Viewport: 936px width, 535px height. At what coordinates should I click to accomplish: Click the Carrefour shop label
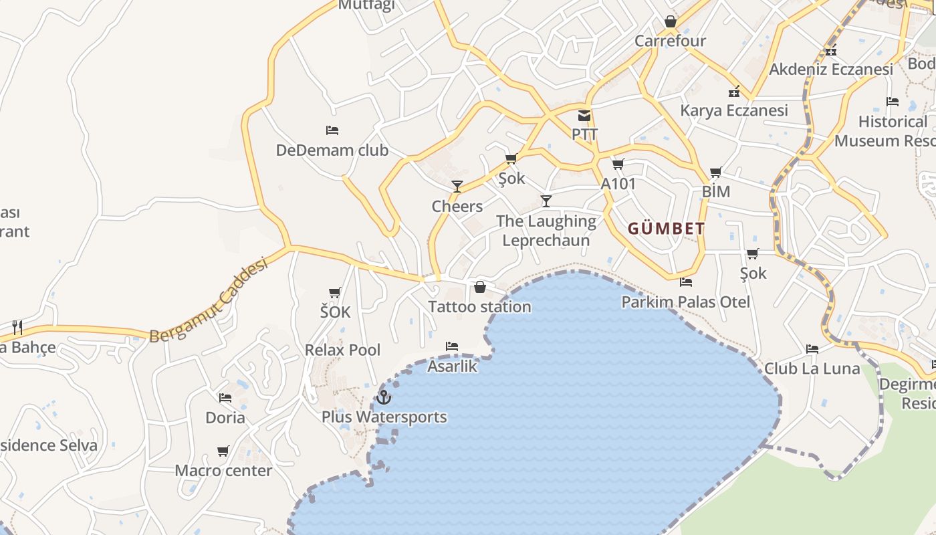(670, 41)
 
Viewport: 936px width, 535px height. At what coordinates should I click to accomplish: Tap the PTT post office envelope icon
(584, 116)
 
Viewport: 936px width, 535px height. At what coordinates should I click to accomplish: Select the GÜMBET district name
(666, 229)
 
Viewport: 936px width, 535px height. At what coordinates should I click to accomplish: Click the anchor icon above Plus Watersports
(383, 397)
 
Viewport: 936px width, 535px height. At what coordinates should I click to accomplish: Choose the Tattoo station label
(479, 307)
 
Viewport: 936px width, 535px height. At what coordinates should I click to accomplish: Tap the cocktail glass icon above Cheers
(457, 186)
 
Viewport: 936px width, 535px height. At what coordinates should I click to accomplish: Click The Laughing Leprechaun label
(546, 231)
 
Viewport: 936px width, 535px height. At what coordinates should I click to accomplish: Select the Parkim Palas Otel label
(686, 302)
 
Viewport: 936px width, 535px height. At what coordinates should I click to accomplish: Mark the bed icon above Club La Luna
(812, 348)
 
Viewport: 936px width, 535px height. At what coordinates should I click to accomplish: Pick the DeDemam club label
(332, 150)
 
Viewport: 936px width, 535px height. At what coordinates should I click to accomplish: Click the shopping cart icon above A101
(618, 164)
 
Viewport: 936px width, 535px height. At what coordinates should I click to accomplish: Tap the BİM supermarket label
(715, 192)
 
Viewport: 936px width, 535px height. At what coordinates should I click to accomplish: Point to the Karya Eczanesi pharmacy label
(734, 110)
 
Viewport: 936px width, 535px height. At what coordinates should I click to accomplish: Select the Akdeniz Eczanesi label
(831, 70)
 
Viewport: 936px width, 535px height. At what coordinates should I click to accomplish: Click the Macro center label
(223, 471)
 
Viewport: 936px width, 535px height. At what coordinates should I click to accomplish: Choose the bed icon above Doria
(225, 397)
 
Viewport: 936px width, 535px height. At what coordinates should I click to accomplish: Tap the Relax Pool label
(342, 350)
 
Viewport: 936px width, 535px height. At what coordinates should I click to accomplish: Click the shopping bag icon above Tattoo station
(480, 288)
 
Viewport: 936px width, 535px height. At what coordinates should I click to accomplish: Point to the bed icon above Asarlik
(452, 346)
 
